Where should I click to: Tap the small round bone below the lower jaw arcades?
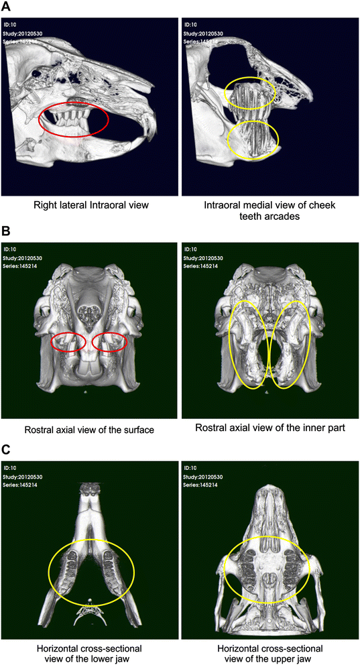89,601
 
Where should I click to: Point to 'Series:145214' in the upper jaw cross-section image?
201,484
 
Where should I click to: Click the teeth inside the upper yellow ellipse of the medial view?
249,94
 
